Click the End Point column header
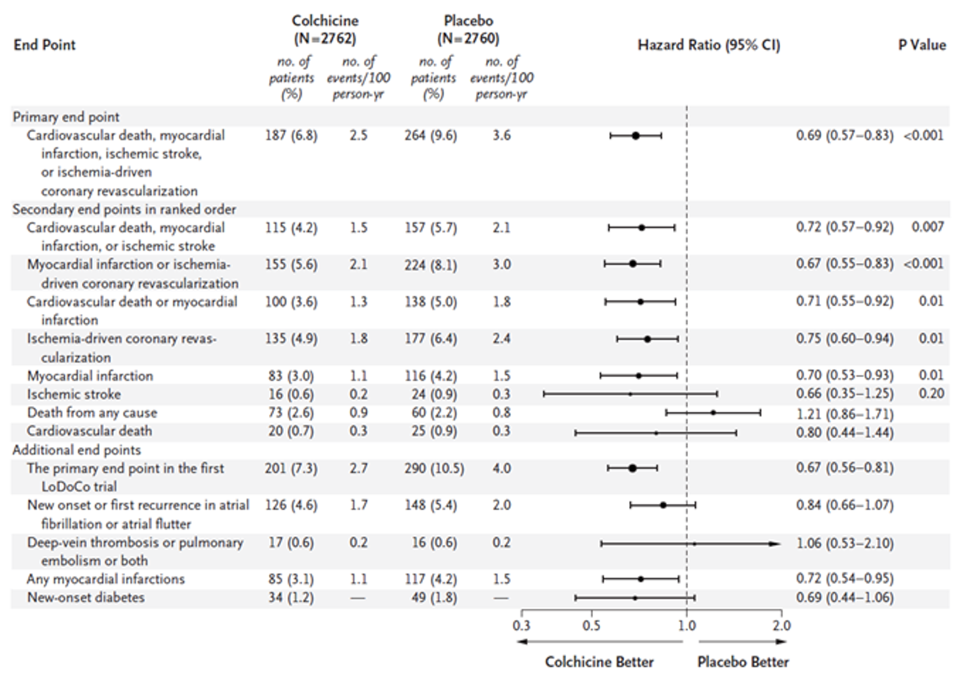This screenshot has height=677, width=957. pyautogui.click(x=44, y=45)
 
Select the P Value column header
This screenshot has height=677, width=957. pyautogui.click(x=922, y=45)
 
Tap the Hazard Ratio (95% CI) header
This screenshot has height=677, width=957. pyautogui.click(x=709, y=45)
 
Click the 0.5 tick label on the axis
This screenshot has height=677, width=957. pyautogui.click(x=591, y=625)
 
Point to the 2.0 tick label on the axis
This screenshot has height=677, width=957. pyautogui.click(x=781, y=625)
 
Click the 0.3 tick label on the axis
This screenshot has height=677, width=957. pyautogui.click(x=521, y=625)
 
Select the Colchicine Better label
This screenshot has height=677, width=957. pyautogui.click(x=599, y=662)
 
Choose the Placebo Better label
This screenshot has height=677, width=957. pyautogui.click(x=743, y=662)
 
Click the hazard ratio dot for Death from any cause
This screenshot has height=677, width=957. pyautogui.click(x=713, y=413)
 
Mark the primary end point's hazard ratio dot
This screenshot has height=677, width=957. pyautogui.click(x=635, y=136)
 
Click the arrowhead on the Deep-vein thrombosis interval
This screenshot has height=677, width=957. pyautogui.click(x=776, y=544)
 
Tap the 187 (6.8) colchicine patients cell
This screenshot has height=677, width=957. pyautogui.click(x=291, y=136)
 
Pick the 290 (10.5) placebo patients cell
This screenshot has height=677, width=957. pyautogui.click(x=433, y=468)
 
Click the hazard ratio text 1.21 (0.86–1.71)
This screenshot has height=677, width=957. pyautogui.click(x=844, y=414)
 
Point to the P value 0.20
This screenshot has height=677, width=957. pyautogui.click(x=931, y=394)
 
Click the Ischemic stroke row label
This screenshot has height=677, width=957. pyautogui.click(x=74, y=394)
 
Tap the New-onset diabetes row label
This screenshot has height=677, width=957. pyautogui.click(x=86, y=598)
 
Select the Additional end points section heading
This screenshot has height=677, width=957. pyautogui.click(x=77, y=450)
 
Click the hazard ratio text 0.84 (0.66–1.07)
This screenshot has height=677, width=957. pyautogui.click(x=844, y=505)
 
